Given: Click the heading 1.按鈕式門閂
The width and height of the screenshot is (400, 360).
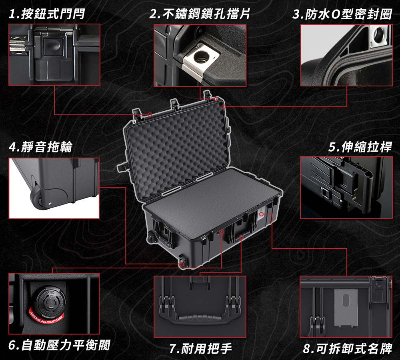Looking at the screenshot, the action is coord(47,14).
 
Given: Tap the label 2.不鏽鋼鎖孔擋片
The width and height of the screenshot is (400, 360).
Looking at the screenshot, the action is coord(200,14).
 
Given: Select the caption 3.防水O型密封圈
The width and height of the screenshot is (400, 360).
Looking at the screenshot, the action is coord(342,14).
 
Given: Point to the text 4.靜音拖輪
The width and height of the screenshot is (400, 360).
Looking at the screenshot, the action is coord(40,147).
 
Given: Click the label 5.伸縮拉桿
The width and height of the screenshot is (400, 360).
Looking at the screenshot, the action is coord(360,147).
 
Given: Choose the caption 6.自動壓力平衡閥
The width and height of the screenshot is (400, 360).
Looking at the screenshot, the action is coord(59,345).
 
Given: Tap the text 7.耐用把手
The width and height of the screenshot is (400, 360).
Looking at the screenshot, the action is coord(200,348).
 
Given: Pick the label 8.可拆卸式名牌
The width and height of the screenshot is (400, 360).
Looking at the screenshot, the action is coord(348,348).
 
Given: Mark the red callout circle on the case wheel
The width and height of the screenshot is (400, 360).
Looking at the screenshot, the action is coord(182,264).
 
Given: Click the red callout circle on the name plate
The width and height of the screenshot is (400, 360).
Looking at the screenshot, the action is coord(261,214).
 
